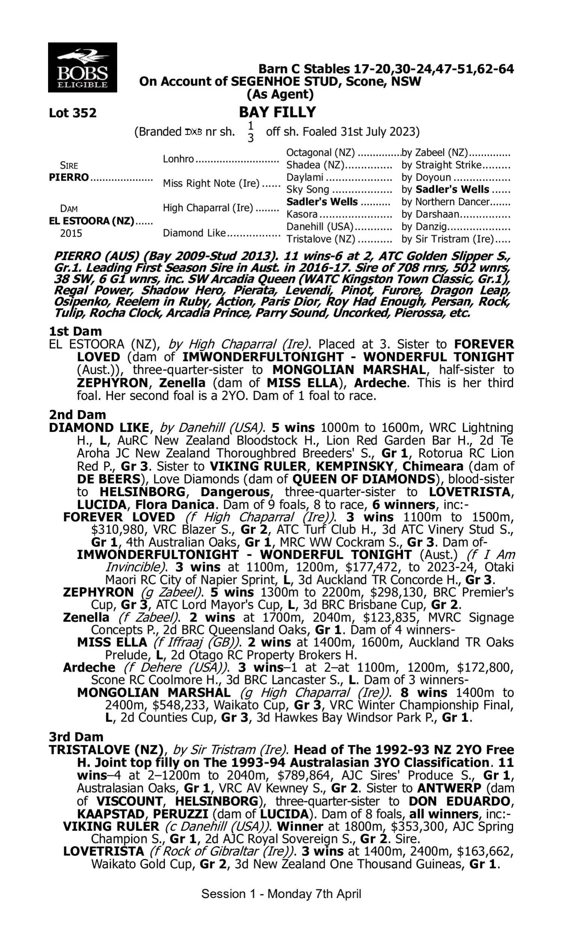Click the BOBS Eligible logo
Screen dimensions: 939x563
[82, 67]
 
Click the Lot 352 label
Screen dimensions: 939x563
[72, 113]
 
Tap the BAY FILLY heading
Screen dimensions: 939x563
[277, 112]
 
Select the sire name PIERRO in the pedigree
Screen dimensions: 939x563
[69, 177]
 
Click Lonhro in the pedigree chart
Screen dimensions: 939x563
[178, 159]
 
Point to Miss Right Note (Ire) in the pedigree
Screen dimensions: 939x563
[211, 183]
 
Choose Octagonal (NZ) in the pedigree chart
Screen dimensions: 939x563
[320, 152]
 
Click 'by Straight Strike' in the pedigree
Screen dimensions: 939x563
[441, 165]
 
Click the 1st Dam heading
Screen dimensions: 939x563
[75, 331]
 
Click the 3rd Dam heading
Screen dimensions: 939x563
[76, 737]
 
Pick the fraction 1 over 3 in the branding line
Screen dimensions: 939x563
[250, 131]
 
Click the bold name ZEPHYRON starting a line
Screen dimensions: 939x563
[98, 592]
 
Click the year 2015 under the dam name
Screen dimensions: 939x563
[71, 233]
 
